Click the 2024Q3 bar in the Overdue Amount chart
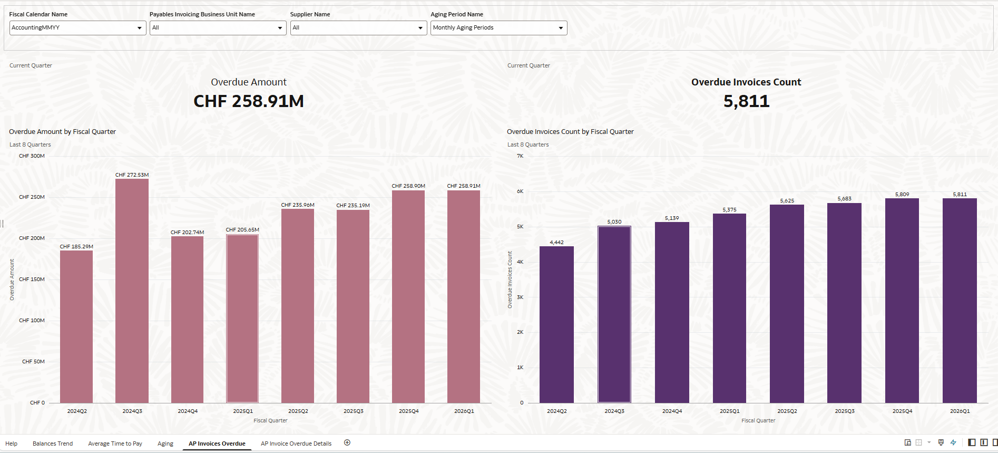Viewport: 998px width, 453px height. click(x=132, y=290)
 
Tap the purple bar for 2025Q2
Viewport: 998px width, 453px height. click(x=787, y=303)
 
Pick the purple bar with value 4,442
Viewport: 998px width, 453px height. click(x=556, y=324)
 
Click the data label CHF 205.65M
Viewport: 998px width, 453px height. click(x=242, y=230)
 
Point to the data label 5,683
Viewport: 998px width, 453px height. click(x=844, y=199)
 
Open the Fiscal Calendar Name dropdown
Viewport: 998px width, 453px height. click(x=77, y=28)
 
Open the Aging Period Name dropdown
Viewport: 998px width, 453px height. click(x=498, y=28)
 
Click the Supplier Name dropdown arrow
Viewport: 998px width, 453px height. click(x=420, y=28)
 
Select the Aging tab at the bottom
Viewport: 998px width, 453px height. click(x=165, y=444)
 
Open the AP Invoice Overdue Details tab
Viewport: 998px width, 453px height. click(x=296, y=444)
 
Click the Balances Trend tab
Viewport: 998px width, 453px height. click(x=53, y=444)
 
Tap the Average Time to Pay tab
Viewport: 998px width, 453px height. click(x=115, y=444)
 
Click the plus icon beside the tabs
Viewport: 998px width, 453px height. click(x=347, y=443)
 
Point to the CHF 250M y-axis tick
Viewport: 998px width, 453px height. click(x=32, y=197)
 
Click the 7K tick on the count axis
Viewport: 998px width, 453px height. click(x=520, y=156)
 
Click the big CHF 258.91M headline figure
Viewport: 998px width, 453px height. click(x=249, y=101)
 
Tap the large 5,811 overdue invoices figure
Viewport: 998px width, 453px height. click(x=746, y=101)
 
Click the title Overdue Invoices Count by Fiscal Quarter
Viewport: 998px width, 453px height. click(x=570, y=132)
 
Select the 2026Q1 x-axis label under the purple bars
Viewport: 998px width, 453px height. click(x=960, y=411)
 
